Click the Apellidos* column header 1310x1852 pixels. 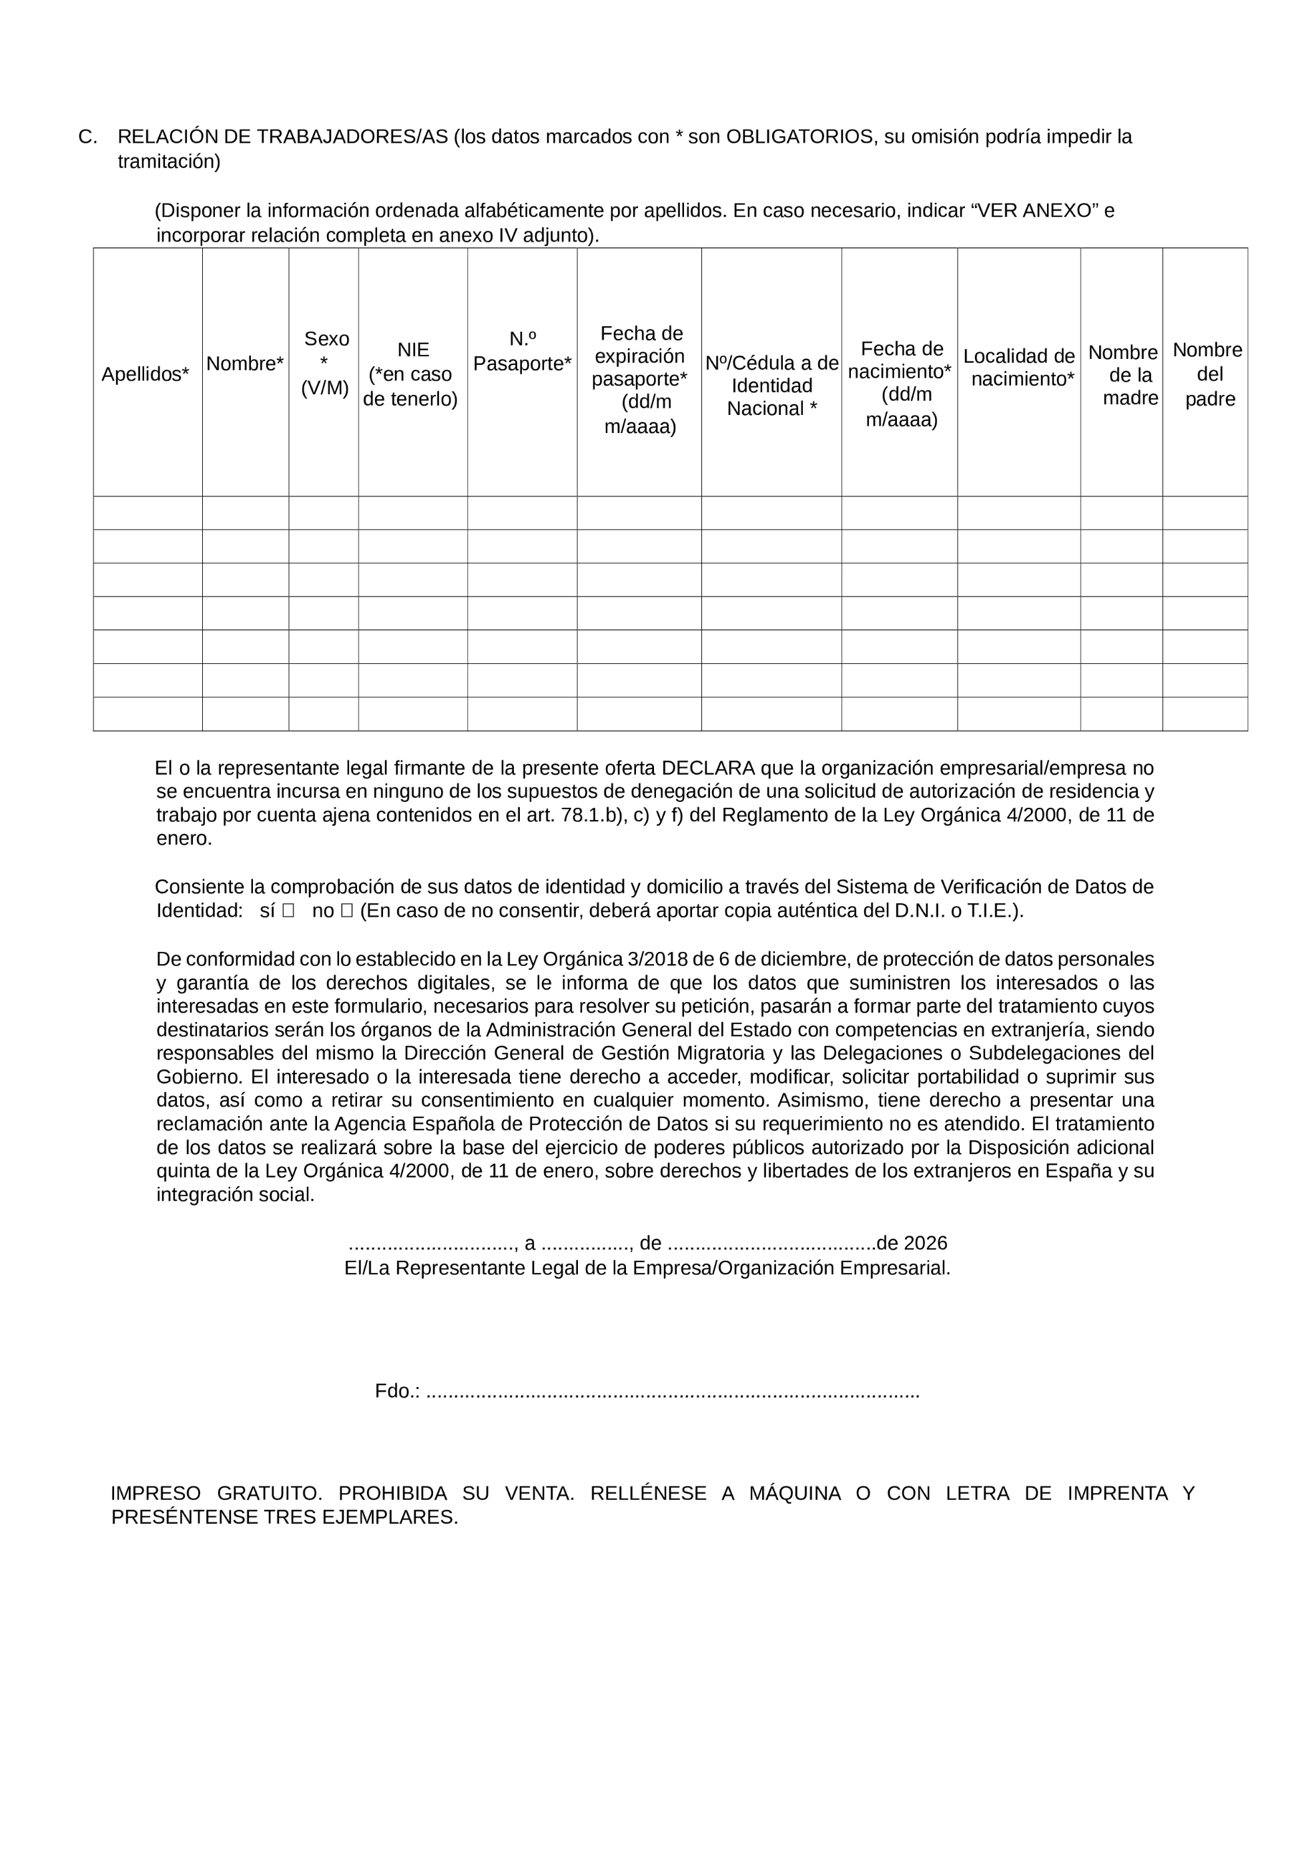[145, 374]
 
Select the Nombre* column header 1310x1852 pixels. [244, 364]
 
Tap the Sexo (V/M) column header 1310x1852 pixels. [325, 363]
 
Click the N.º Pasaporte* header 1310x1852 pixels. [522, 352]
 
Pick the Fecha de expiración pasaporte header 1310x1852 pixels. [640, 379]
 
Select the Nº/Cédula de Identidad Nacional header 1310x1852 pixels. [771, 386]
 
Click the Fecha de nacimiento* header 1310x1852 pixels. [900, 384]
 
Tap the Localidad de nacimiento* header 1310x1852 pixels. [1019, 367]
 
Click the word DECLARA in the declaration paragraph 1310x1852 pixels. [707, 768]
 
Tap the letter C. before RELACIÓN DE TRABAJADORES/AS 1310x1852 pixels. [88, 137]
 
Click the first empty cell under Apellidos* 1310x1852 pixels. [147, 513]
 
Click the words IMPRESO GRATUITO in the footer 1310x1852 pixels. [216, 1494]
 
